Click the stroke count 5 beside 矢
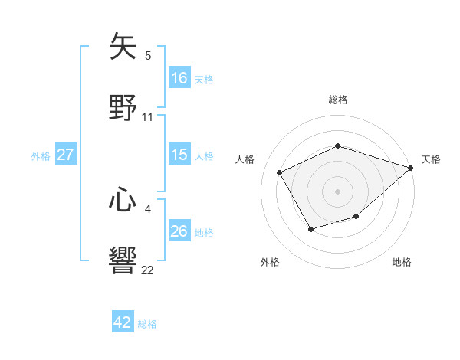148,55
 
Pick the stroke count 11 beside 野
148,117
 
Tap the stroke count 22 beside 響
148,270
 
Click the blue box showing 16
179,78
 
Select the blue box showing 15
179,155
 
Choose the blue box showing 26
179,231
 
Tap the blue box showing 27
65,155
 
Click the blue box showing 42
123,322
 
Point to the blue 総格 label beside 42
147,324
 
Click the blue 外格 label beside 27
41,156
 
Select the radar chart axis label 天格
431,159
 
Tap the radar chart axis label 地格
402,262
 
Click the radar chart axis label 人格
245,159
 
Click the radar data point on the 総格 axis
338,146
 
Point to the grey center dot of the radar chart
338,191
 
